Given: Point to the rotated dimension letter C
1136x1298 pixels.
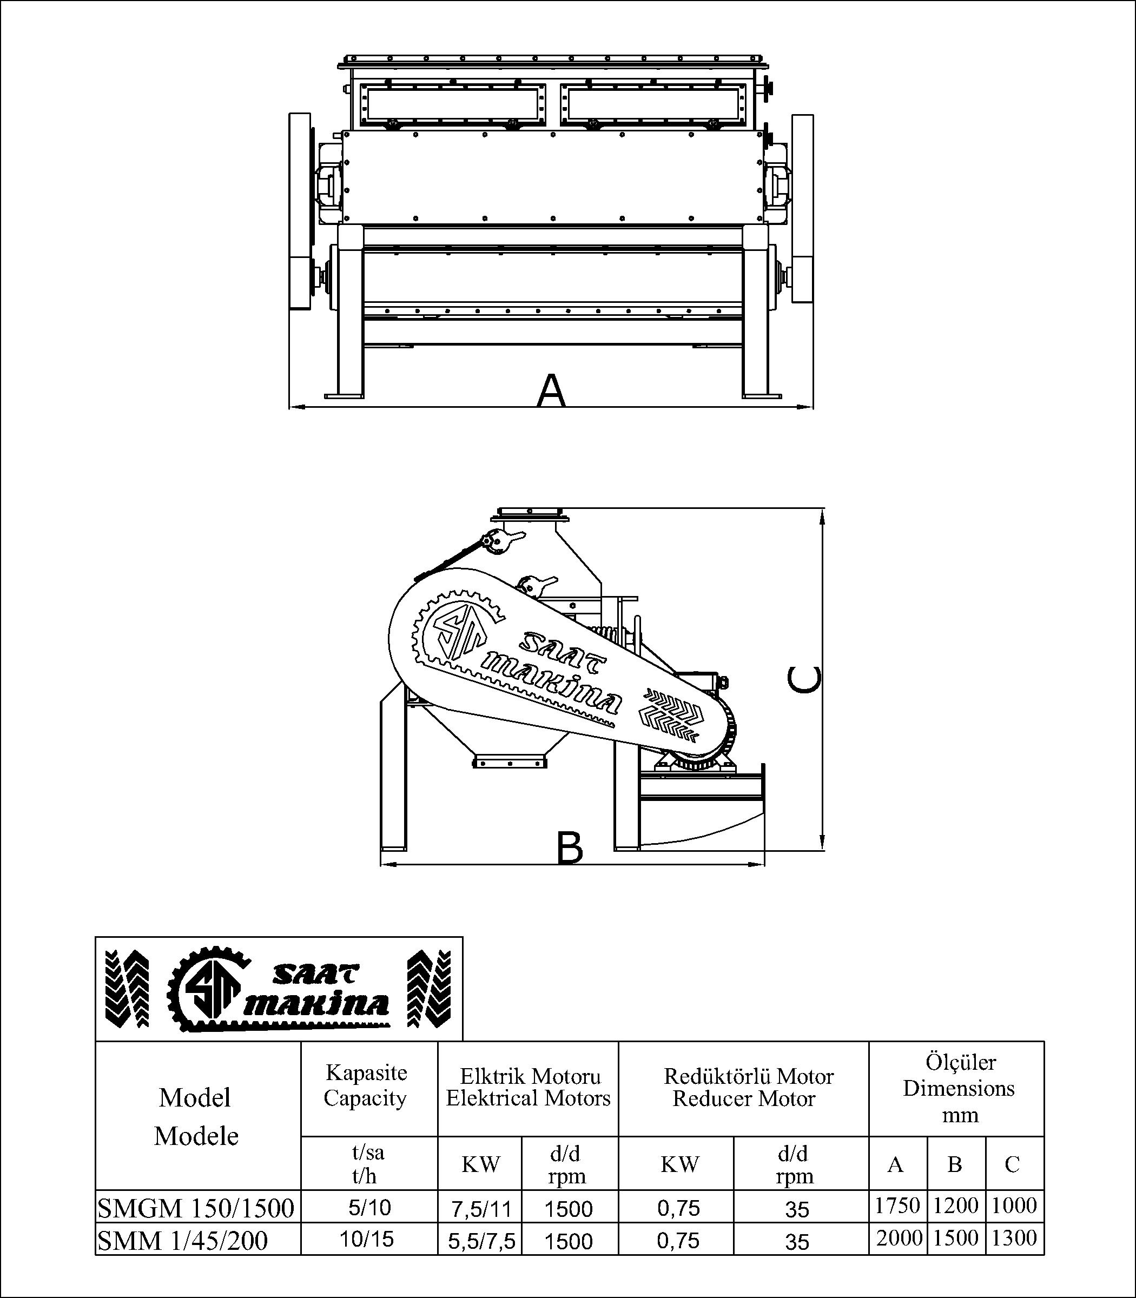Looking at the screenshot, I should point(804,679).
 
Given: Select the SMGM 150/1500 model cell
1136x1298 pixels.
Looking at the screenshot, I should point(196,1209).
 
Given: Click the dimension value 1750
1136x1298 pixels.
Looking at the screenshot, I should point(897,1206).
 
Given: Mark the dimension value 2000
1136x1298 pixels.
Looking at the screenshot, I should point(899,1238).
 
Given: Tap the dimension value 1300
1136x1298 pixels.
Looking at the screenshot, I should point(1014,1238).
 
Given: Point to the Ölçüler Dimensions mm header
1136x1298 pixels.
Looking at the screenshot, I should point(959,1089).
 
